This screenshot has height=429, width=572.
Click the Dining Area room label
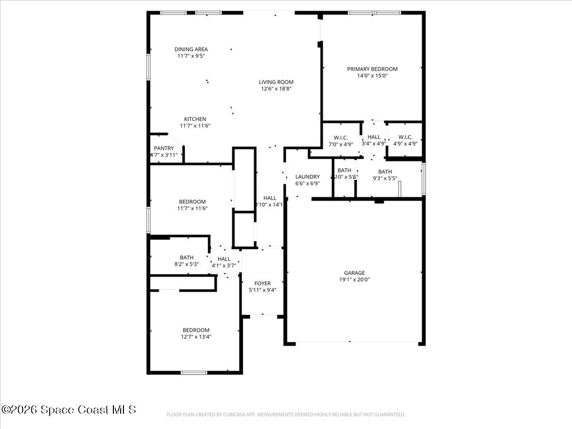191,49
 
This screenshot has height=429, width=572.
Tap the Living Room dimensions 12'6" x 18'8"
276,88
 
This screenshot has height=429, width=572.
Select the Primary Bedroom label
372,69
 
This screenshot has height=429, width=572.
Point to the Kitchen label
196,119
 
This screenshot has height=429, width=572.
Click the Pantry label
164,148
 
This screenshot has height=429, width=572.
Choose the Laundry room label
307,177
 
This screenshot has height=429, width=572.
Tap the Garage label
354,273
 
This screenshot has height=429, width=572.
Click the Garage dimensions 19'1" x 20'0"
354,280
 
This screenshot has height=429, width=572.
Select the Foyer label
263,283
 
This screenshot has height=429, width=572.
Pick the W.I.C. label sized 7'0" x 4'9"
341,137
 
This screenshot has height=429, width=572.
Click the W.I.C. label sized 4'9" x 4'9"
405,137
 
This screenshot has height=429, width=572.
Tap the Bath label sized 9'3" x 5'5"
385,172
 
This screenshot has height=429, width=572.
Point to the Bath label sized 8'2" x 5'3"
187,258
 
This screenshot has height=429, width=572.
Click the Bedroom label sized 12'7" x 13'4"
196,330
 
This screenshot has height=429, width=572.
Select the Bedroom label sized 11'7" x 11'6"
192,202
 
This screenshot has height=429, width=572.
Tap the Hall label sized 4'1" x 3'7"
224,259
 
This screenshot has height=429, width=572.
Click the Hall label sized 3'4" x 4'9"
374,137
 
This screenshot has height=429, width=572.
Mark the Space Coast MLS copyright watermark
69,409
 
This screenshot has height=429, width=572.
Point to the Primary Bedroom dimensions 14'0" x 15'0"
372,76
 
